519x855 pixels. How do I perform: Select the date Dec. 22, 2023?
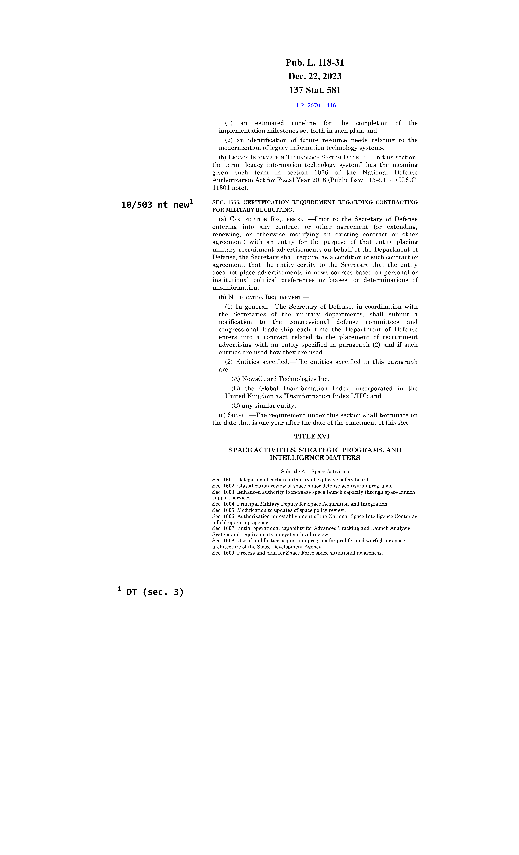point(315,76)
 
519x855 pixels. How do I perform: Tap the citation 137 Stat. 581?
point(315,90)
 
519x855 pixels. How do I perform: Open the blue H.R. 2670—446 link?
point(315,105)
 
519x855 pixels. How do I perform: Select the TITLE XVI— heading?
point(315,437)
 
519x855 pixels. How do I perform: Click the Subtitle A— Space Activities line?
point(315,472)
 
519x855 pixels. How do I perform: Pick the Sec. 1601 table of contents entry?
point(291,480)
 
